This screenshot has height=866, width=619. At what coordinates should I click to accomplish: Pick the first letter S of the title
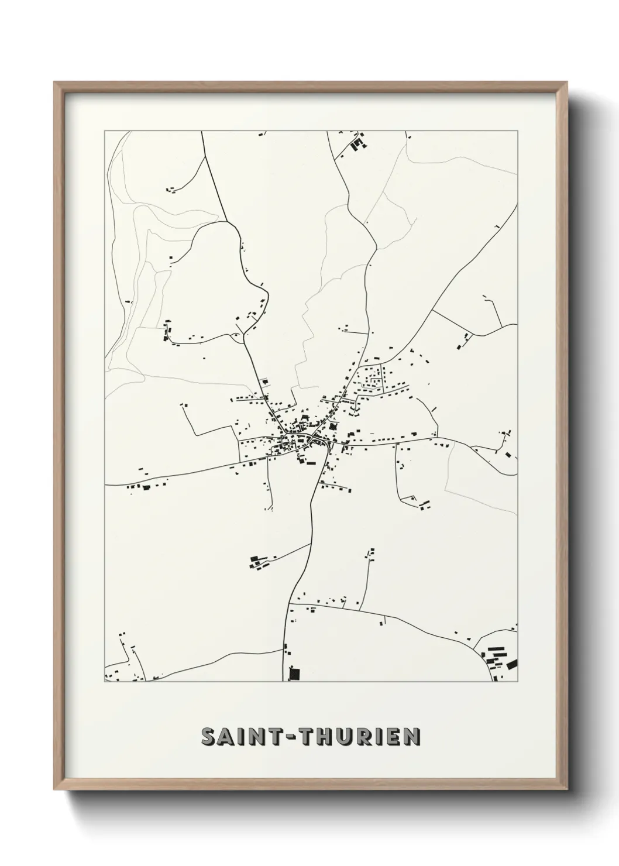coord(208,737)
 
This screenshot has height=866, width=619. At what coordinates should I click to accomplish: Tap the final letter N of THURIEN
coord(412,737)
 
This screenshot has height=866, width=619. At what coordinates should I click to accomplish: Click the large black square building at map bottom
coord(294,673)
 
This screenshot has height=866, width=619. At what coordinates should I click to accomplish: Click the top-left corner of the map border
coord(105,131)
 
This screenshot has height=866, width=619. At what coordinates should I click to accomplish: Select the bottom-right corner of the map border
coord(517,682)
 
